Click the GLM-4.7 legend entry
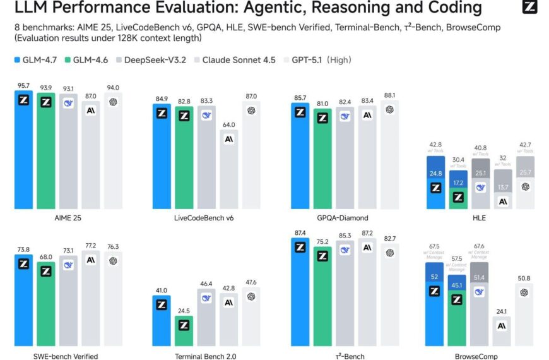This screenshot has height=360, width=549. pyautogui.click(x=38, y=60)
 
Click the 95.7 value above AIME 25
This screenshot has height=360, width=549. pyautogui.click(x=23, y=85)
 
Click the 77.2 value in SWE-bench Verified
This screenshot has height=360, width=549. pyautogui.click(x=91, y=245)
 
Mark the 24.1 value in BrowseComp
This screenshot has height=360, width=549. pyautogui.click(x=502, y=311)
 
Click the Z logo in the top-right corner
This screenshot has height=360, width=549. pyautogui.click(x=531, y=8)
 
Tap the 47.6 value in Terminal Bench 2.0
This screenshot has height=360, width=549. pyautogui.click(x=251, y=282)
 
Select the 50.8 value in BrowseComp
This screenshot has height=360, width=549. pyautogui.click(x=525, y=277)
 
